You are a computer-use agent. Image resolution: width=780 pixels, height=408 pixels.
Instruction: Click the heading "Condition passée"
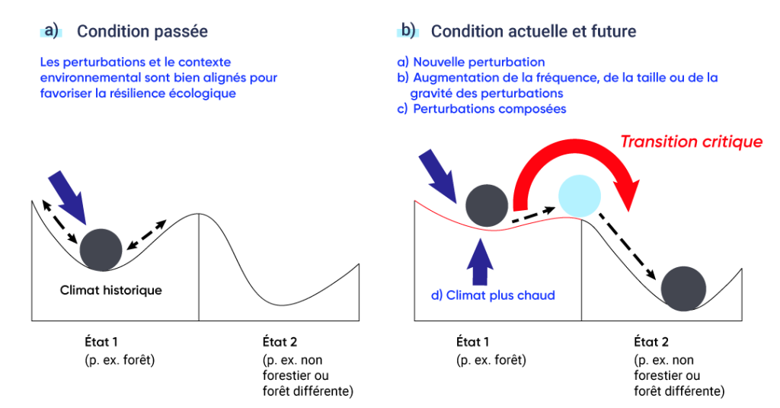coord(142,32)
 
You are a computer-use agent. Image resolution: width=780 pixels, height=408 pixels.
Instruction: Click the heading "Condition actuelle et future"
coord(533,32)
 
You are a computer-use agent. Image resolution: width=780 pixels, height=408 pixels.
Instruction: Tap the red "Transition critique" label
coord(691,142)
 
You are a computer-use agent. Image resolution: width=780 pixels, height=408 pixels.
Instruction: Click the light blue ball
coord(580,196)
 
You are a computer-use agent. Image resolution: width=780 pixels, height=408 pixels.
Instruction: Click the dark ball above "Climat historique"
coord(101,249)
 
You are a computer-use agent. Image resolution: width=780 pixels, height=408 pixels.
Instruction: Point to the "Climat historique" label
coord(111,290)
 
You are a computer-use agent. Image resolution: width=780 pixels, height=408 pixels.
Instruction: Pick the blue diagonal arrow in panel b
coord(439,174)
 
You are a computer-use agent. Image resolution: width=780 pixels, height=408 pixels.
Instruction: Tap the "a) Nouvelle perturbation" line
coord(480,62)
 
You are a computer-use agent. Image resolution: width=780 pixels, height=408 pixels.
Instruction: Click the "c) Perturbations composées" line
coord(489,109)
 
